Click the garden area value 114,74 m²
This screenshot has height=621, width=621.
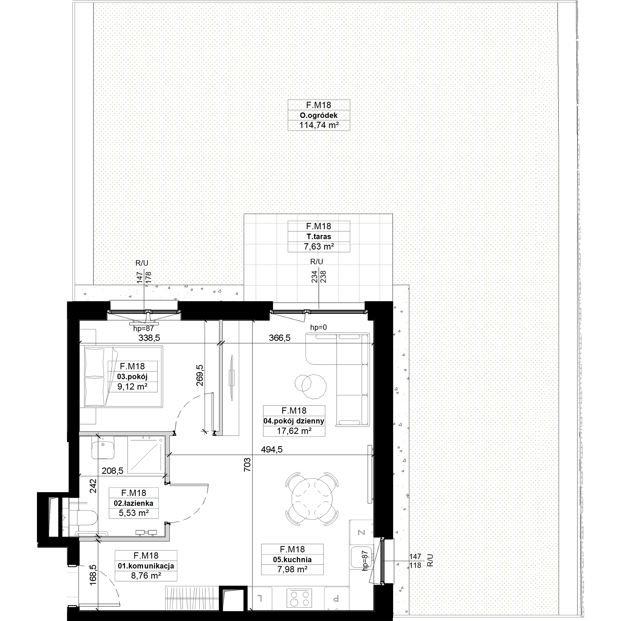point(319,125)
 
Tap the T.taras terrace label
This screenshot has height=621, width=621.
point(319,237)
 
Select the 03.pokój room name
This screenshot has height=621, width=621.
point(133,377)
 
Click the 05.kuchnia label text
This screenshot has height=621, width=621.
point(292,560)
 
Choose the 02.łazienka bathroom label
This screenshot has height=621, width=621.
point(134,503)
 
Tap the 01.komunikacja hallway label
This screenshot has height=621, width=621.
point(146,566)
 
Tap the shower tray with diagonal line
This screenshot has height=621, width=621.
point(146,455)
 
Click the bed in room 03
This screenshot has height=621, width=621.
point(124,377)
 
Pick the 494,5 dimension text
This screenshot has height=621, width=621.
point(272,449)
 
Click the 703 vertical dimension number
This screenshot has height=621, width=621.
point(247,465)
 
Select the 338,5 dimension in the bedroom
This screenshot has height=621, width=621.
point(149,338)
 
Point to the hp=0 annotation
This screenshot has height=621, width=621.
point(318,328)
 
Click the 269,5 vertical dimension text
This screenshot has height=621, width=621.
point(200,375)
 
